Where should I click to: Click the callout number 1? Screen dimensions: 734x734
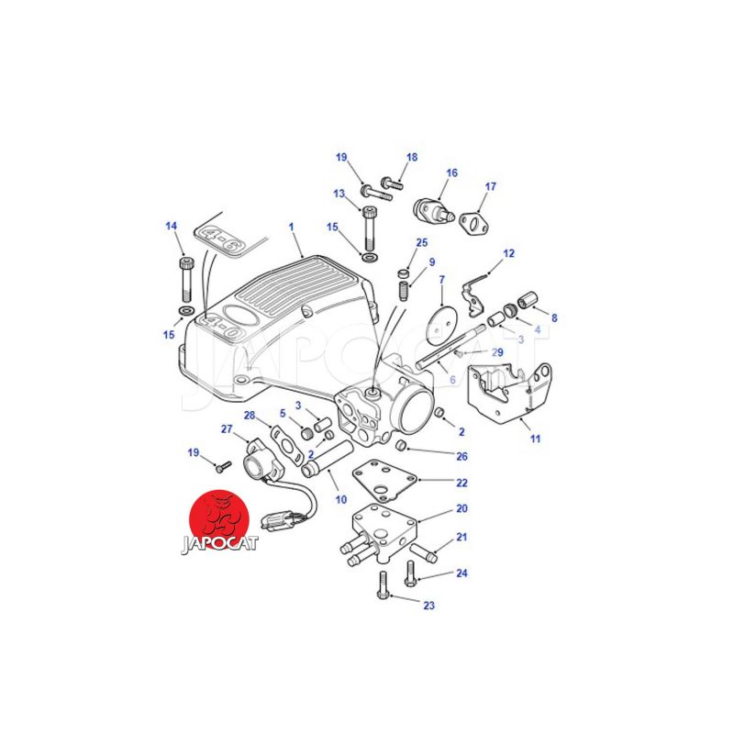pos(291,227)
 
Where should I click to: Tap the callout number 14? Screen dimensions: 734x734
pos(172,226)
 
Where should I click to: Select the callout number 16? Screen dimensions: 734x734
pos(451,172)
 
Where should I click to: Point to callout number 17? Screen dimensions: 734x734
pos(490,186)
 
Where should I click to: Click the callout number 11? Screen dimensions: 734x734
pos(535,439)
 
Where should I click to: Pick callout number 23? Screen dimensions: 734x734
pos(428,606)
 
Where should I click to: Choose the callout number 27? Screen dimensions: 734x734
pos(227,428)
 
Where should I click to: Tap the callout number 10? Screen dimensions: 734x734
pos(340,499)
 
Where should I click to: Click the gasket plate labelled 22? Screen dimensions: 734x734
pos(384,480)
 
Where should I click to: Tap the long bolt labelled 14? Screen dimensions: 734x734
pos(186,280)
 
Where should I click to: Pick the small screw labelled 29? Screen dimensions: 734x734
pos(458,352)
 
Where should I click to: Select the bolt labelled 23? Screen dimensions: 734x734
pos(383,585)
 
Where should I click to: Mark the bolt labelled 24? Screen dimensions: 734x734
pos(410,574)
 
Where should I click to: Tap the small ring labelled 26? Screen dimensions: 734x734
pos(401,445)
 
